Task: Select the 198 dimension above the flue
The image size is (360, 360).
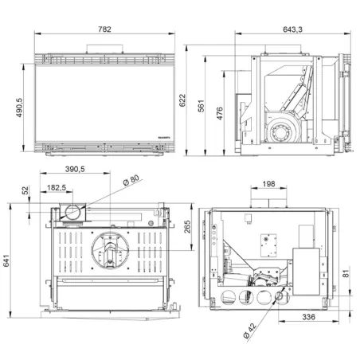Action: click(268, 184)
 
